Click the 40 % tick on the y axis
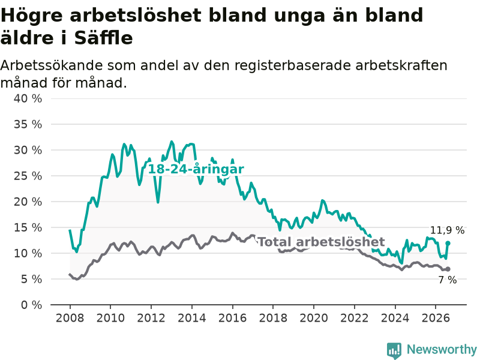pos(28,98)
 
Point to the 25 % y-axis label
pos(28,176)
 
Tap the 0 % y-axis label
pos(32,305)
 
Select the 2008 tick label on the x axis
pos(70,318)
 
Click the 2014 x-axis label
pos(192,318)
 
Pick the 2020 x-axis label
pos(314,318)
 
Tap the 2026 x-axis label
pos(436,318)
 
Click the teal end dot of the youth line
pos(448,244)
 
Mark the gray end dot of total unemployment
pos(448,269)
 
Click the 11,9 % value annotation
pos(447,230)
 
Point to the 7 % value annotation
pos(448,280)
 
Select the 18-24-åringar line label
pos(196,169)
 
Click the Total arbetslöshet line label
pos(322,242)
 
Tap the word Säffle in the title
pos(103,38)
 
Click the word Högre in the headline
pos(32,16)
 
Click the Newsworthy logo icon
pos(394,350)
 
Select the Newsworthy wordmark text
pos(442,349)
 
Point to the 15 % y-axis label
pos(28,228)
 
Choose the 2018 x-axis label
pos(273,318)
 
